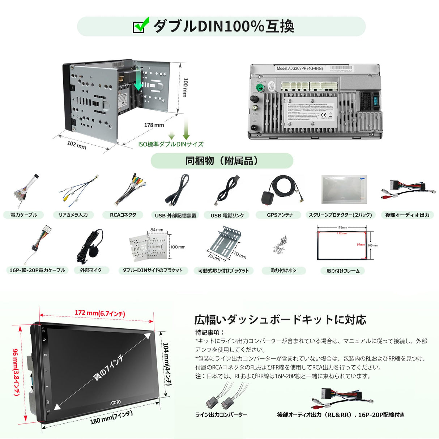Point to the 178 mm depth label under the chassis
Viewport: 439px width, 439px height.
coord(154,125)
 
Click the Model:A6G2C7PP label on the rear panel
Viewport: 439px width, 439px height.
coord(300,68)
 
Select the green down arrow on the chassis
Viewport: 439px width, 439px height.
coord(138,82)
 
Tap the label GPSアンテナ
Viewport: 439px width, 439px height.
coord(280,215)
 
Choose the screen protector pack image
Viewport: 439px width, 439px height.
coord(344,190)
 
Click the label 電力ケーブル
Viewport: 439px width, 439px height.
coord(24,215)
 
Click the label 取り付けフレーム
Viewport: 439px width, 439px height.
coord(343,271)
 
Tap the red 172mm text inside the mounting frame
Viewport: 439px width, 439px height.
coord(341,234)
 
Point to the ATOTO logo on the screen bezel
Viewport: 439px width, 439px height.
coord(115,402)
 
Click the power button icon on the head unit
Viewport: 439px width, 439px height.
coord(44,340)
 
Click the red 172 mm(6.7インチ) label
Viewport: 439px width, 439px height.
coord(100,313)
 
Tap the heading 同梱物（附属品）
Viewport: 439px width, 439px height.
coord(222,161)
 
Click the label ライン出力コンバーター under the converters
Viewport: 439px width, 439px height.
coord(221,415)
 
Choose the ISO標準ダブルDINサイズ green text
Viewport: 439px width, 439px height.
coord(171,144)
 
